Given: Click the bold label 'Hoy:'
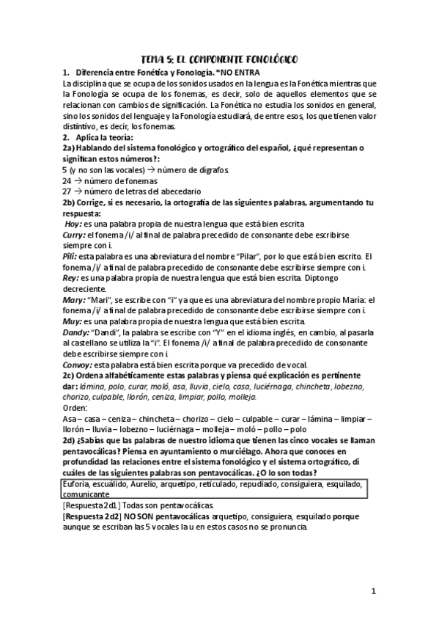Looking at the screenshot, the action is [x=74, y=223].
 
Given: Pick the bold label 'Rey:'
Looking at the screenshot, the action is [x=70, y=278].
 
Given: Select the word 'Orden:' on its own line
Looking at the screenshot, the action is [x=75, y=408].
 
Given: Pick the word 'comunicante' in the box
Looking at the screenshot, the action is [x=87, y=495].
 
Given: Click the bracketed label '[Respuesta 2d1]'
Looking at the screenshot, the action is [x=94, y=506].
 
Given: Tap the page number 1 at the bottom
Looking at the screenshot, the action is [x=373, y=590].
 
